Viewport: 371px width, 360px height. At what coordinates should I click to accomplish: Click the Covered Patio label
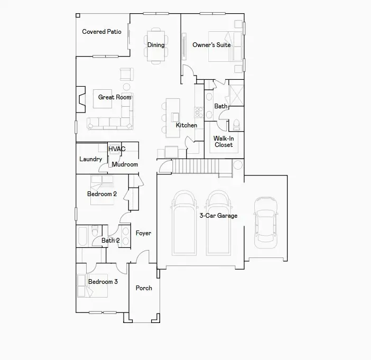coord(101,32)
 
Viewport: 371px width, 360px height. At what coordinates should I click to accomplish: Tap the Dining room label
coord(156,45)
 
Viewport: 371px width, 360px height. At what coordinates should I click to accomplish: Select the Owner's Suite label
coord(211,45)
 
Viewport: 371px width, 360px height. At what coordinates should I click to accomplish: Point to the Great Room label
coord(115,97)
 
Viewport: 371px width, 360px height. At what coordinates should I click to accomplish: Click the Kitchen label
coord(187,125)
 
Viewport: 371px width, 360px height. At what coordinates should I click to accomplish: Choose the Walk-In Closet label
coord(223,142)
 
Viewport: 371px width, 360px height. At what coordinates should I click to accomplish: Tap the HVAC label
coord(117,149)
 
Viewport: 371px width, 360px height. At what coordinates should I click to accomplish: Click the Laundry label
coord(90,159)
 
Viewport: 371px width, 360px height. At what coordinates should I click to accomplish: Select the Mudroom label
coord(125,164)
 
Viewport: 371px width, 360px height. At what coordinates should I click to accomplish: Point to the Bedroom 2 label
coord(102,194)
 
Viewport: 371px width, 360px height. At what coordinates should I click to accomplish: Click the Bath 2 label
coord(110,241)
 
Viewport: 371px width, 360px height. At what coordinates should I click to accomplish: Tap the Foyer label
coord(143,233)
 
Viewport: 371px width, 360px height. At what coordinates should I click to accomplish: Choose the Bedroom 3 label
coord(103,282)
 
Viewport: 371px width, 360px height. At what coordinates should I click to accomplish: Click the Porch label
coord(144,288)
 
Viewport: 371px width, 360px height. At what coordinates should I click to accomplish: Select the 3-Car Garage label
coord(218,216)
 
